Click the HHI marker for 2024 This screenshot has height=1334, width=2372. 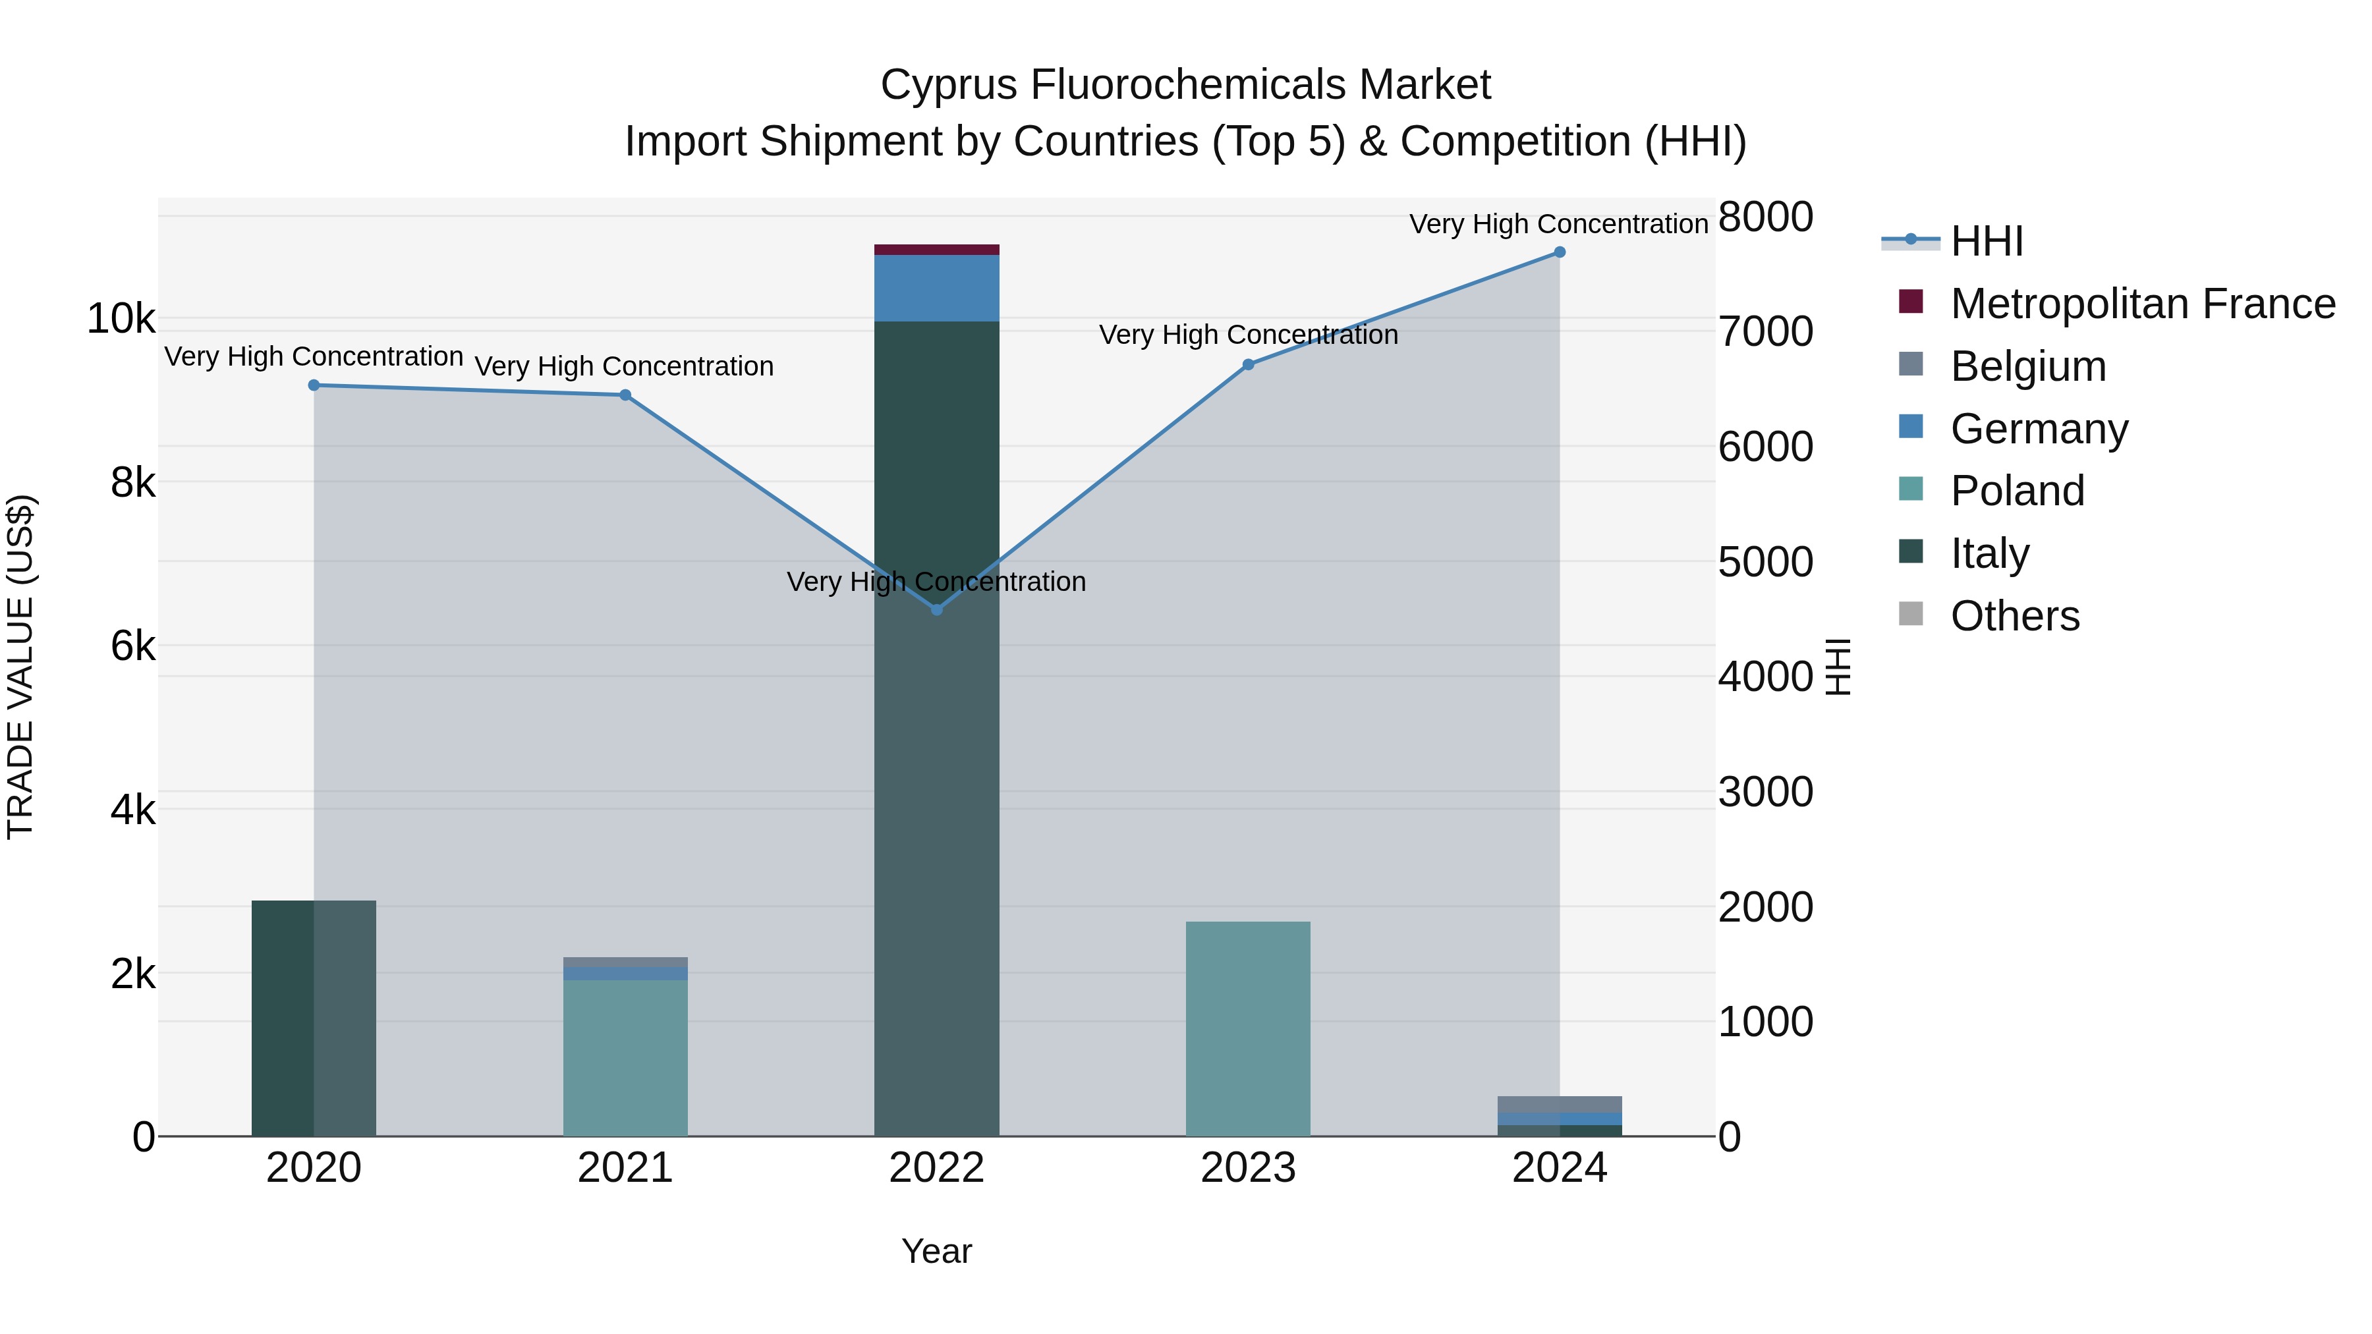click(x=1559, y=252)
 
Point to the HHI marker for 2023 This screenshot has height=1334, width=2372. click(x=1248, y=364)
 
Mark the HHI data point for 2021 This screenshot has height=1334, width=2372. click(x=625, y=395)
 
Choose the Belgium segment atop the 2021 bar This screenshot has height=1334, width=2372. click(x=625, y=962)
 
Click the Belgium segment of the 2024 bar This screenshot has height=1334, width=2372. click(x=1559, y=1104)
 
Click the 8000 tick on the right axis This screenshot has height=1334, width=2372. click(x=1765, y=217)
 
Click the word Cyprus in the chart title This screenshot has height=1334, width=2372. click(x=948, y=86)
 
